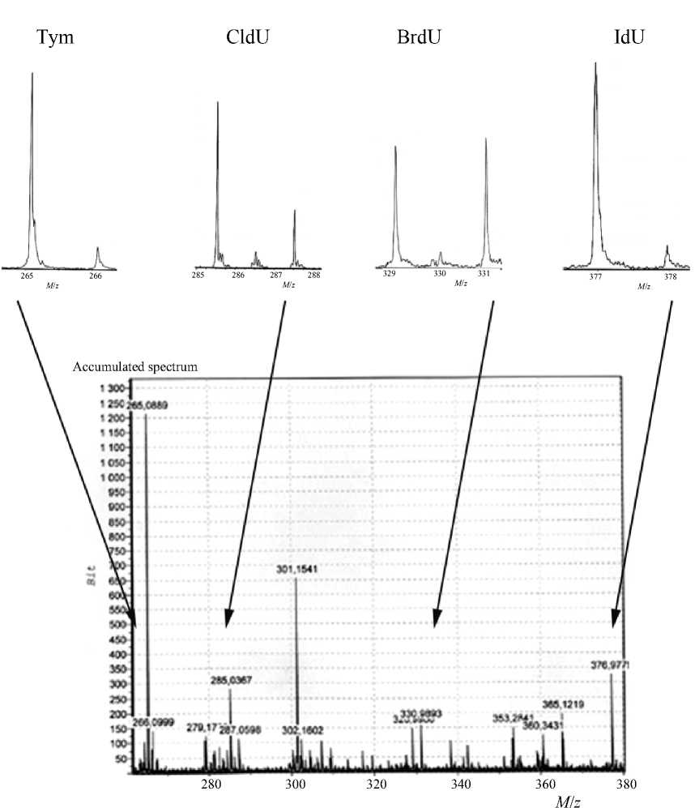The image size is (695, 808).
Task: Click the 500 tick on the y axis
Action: [119, 625]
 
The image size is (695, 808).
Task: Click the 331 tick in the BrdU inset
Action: [484, 274]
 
